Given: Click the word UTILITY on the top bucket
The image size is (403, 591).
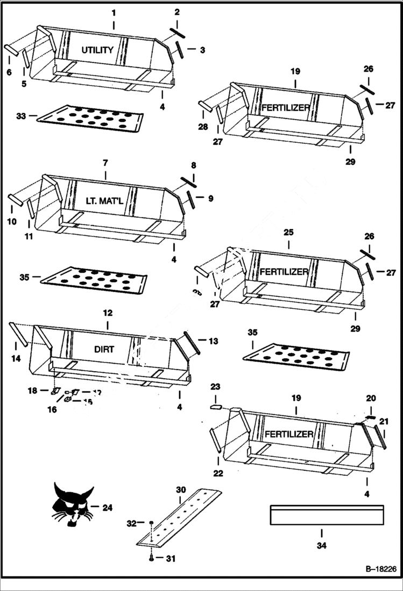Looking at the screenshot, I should (x=97, y=50).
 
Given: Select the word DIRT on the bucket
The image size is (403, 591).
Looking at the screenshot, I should (x=104, y=349).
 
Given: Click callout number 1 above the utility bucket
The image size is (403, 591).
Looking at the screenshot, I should (x=114, y=11).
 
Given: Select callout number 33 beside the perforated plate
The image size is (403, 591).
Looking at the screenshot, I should (x=22, y=115).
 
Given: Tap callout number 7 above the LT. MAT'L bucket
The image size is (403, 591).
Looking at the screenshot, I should (x=105, y=162).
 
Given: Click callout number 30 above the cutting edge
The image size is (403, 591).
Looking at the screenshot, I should (x=181, y=490).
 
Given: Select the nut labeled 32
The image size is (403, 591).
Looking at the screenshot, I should (x=152, y=523).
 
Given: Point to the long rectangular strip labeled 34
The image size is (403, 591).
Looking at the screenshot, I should (x=327, y=515).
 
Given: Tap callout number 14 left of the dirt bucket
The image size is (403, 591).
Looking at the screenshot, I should (x=16, y=358).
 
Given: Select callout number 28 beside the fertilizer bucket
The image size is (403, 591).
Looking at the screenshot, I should (x=202, y=126).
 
